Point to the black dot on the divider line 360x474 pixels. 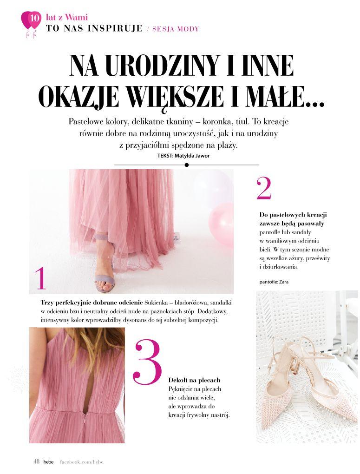pos(186,165)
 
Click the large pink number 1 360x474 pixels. pos(41,278)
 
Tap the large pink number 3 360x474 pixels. pos(147,362)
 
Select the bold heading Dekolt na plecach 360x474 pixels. pos(194,380)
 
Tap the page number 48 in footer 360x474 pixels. pos(36,461)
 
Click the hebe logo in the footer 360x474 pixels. pos(49,462)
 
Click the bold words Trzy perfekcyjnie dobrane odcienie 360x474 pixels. pos(92,302)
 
